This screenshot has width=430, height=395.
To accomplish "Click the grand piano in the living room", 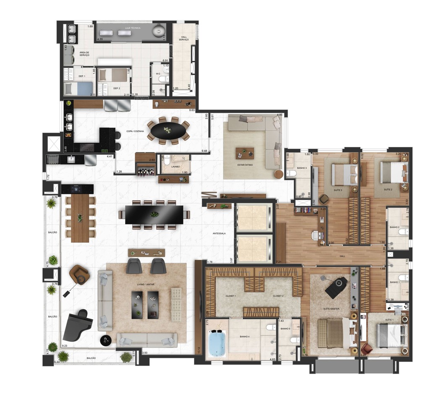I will point(77,326).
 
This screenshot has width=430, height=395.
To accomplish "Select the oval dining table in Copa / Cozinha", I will point(168,131).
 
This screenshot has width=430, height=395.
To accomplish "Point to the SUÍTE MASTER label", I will point(331,309).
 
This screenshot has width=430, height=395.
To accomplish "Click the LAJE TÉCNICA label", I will point(132,28).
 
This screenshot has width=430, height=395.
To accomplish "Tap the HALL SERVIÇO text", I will point(184,38).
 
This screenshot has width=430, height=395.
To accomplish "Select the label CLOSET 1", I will point(230,296).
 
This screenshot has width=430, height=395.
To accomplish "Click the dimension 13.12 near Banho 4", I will point(199,349).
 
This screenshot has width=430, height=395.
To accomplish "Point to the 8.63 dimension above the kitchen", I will point(192,110).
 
